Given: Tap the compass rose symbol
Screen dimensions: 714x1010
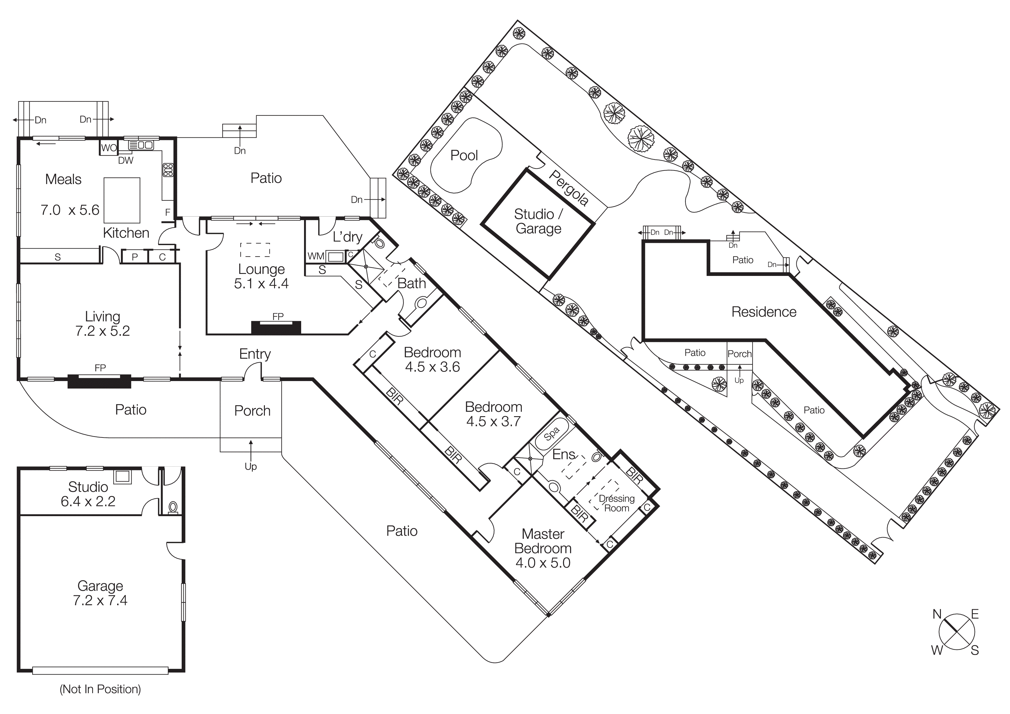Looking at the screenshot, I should coord(956,632).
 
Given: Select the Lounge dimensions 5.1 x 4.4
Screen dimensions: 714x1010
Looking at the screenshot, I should coord(261,284).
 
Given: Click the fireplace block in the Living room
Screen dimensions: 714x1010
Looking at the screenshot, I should coord(99,381).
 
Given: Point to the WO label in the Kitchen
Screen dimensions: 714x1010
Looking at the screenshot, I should coord(109,148).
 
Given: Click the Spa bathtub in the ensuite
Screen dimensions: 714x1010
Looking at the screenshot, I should coord(551,434).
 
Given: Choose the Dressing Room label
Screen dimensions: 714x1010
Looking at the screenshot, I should coord(616,503).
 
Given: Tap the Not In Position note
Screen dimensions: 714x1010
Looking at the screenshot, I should coord(100,689).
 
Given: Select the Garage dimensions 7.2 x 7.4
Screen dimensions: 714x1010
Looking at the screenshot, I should coord(100,601).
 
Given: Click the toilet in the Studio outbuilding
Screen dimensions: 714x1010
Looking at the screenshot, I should coord(173,508).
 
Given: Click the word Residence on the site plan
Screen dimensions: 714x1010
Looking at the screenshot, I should coord(764,312).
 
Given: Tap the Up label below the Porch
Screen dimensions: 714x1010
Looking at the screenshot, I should coord(251,466).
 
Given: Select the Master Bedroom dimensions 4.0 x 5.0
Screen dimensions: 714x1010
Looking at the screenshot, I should coord(543,563).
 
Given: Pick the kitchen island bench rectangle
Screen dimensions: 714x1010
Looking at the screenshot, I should coord(122,200).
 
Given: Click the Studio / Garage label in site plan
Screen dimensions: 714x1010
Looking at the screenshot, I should coord(538,221).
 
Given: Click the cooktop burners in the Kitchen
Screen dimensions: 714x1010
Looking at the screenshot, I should coord(168,170).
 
